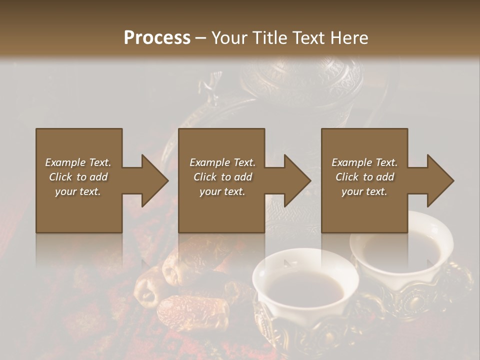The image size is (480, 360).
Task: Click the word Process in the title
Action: (x=157, y=38)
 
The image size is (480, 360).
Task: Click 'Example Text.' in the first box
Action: (x=78, y=162)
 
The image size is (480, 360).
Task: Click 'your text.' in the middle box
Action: (x=222, y=191)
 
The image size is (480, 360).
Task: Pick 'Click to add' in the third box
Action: (x=364, y=177)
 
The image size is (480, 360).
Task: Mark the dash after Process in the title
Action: (x=200, y=38)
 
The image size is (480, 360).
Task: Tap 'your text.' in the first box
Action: (x=78, y=191)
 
